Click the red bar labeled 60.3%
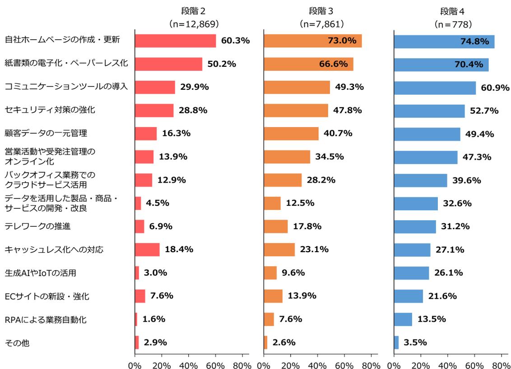175,41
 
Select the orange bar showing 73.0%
312,41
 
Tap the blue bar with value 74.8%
444,42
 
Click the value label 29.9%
194,88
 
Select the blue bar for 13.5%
403,319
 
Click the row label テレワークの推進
37,226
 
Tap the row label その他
17,343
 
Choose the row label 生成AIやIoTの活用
40,273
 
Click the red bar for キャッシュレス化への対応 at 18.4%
147,249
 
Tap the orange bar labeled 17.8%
275,226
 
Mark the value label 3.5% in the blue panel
415,343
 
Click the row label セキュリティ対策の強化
50,110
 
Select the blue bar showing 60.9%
435,88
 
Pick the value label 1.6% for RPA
153,319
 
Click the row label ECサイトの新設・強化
47,296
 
